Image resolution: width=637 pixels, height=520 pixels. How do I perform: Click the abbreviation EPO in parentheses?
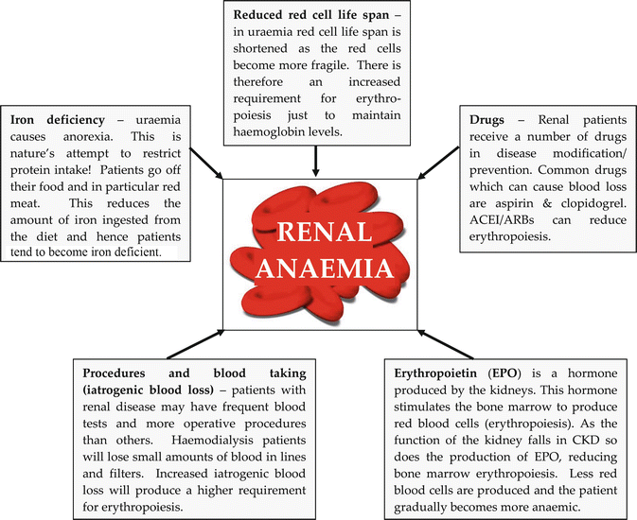click(507, 373)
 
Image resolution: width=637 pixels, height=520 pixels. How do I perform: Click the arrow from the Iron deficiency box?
click(205, 167)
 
